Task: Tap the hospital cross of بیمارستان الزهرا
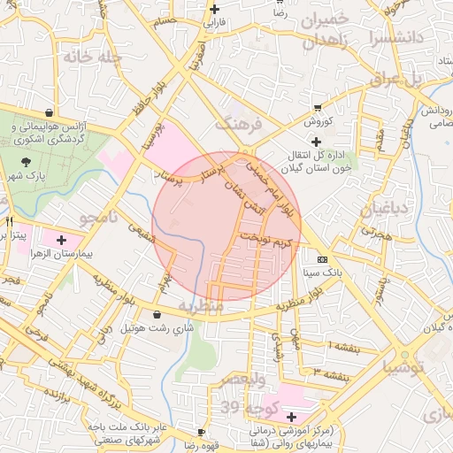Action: pyautogui.click(x=61, y=240)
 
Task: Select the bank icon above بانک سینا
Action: pyautogui.click(x=322, y=259)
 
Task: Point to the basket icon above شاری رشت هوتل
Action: pyautogui.click(x=157, y=314)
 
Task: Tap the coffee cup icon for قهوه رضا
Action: pyautogui.click(x=201, y=432)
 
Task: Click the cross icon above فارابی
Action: pyautogui.click(x=214, y=9)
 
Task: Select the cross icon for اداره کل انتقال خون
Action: pyautogui.click(x=317, y=141)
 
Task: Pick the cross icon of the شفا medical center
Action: pyautogui.click(x=291, y=416)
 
